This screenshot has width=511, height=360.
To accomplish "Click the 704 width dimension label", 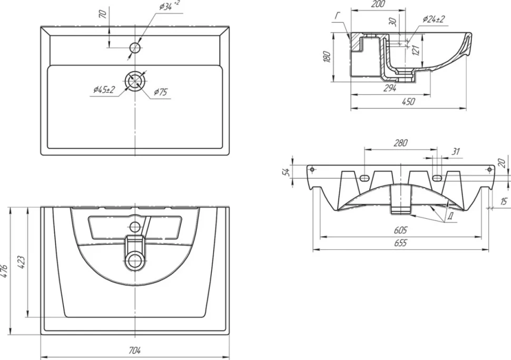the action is click(x=134, y=351).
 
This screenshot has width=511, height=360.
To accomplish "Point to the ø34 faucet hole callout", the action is click(x=170, y=6).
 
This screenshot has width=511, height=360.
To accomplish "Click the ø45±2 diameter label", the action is click(x=104, y=90).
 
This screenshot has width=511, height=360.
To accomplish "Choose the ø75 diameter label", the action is click(x=160, y=92).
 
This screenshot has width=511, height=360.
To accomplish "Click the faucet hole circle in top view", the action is click(x=135, y=48).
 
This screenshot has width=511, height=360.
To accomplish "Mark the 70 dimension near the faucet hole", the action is click(x=103, y=14).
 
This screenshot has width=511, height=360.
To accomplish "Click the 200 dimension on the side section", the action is click(x=378, y=4).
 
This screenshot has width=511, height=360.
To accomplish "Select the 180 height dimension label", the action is click(x=328, y=57).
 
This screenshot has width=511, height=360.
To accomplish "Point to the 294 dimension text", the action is click(x=390, y=88).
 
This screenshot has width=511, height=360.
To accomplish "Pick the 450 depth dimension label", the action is click(x=408, y=101).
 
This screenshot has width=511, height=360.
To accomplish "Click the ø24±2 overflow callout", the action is click(x=434, y=20).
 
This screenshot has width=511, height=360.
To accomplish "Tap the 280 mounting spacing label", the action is click(x=400, y=143).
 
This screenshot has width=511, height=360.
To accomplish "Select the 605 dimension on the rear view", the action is click(x=400, y=230).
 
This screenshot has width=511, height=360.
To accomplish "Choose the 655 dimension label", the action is click(x=400, y=243).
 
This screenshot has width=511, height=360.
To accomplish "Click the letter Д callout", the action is click(x=450, y=216).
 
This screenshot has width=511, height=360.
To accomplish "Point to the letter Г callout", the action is click(x=338, y=16).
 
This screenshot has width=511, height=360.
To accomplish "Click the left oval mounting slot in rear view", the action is click(x=365, y=178).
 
